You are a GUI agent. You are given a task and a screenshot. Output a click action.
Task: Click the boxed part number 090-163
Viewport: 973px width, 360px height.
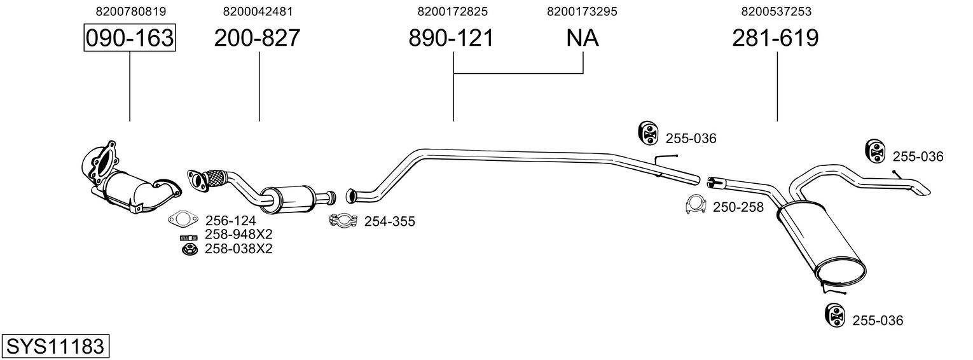tap(130, 38)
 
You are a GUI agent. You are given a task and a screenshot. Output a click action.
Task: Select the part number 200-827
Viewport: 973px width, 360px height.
tap(257, 38)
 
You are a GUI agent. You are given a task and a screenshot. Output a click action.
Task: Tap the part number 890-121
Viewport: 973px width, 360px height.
tap(452, 38)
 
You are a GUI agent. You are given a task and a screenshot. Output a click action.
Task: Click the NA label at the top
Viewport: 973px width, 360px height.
tap(583, 38)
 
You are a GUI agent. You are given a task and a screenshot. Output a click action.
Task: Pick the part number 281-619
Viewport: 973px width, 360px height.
tap(775, 38)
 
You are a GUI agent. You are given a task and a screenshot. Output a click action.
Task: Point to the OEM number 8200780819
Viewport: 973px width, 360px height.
tap(131, 11)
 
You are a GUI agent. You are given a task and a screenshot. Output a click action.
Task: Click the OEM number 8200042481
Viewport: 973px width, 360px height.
tap(258, 11)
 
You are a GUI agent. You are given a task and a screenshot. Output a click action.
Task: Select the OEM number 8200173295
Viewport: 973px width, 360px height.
tap(582, 11)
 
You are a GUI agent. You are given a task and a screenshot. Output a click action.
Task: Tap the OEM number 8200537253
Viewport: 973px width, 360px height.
tap(776, 11)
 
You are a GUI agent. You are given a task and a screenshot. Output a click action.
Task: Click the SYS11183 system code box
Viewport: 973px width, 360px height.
tap(55, 346)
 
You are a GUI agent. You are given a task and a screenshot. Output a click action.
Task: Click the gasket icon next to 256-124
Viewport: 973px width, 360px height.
tap(183, 219)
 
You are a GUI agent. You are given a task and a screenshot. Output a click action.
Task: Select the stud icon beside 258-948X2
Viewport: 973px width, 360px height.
tap(188, 237)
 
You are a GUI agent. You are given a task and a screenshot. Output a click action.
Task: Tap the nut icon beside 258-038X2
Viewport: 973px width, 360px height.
tap(189, 250)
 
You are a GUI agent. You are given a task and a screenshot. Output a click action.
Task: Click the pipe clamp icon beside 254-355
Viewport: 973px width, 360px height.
tap(343, 221)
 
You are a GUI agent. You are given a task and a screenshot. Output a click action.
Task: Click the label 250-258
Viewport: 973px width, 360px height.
tap(738, 207)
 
